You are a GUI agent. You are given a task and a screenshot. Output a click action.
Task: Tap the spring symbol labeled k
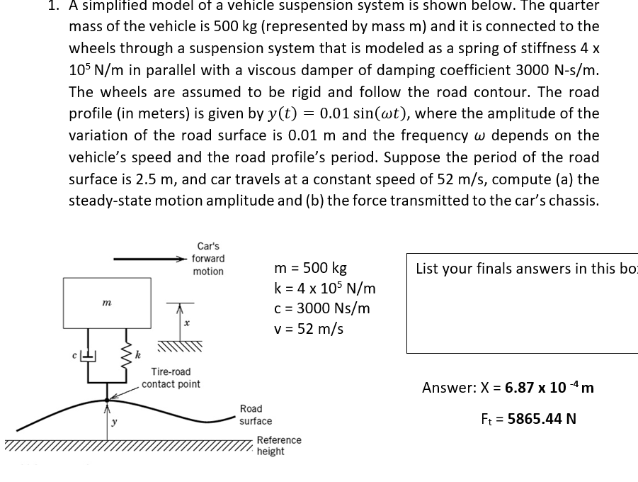tap(127, 354)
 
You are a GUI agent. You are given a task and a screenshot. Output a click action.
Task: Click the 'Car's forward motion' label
tap(207, 259)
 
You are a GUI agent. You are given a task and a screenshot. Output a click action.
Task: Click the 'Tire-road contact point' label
tap(171, 378)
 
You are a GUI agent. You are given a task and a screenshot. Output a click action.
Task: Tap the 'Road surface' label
tap(255, 415)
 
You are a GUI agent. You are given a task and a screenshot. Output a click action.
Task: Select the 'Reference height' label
tap(278, 446)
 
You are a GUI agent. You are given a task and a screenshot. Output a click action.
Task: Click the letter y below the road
tap(113, 423)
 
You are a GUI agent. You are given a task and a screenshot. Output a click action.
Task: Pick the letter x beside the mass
tap(186, 322)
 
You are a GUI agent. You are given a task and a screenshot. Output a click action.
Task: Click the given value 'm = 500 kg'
tap(310, 269)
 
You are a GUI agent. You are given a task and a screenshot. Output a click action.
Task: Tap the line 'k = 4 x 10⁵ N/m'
tap(324, 288)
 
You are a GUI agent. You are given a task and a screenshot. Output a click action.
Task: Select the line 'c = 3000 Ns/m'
tap(321, 308)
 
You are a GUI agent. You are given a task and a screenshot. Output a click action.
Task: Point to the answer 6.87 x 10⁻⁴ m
tap(549, 388)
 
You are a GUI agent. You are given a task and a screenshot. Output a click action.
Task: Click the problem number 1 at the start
tap(53, 6)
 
